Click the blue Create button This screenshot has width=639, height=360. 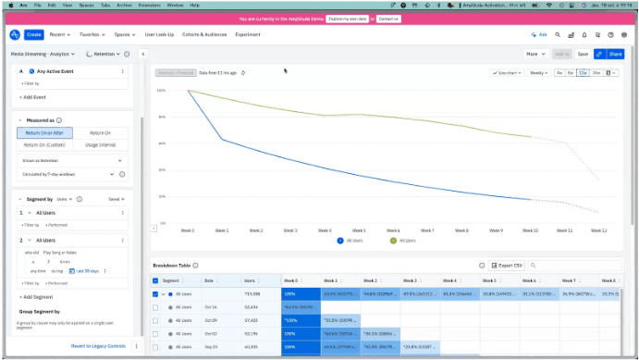[34, 34]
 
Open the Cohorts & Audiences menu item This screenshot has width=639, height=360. [203, 34]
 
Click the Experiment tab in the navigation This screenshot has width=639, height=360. [248, 34]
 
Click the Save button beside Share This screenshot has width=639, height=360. [583, 54]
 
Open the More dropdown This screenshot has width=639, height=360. [535, 54]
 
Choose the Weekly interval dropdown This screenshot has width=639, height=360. [538, 72]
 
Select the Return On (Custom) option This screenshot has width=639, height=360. [45, 145]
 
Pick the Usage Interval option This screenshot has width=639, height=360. [102, 145]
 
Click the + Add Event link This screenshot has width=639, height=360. [33, 96]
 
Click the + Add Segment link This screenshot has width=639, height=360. [37, 297]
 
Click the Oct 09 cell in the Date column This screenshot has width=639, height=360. [210, 319]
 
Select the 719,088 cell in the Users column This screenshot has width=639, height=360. [251, 293]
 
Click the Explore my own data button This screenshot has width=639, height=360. [348, 18]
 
